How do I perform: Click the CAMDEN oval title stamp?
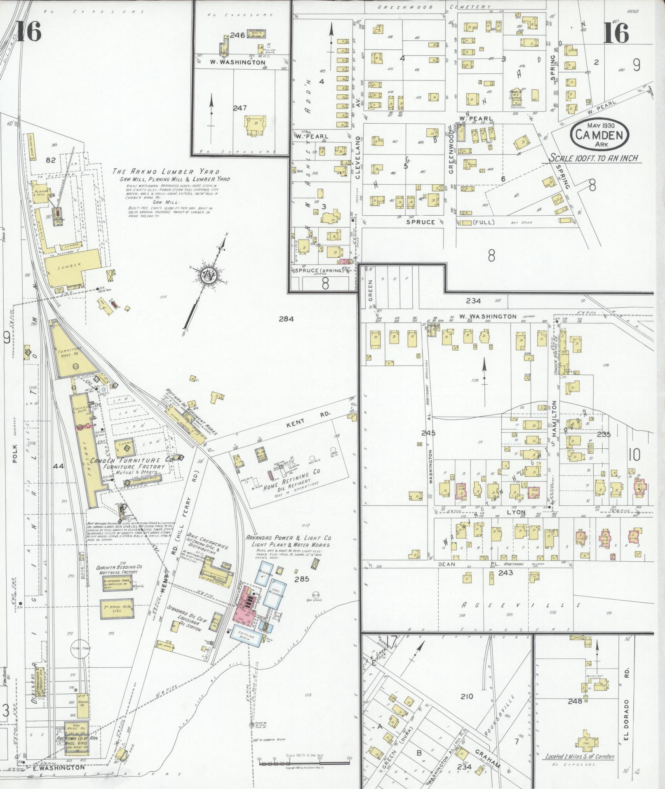click(599, 134)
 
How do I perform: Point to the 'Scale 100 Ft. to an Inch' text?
click(594, 158)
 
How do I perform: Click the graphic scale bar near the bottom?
click(304, 761)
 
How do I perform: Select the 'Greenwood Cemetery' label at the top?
click(435, 7)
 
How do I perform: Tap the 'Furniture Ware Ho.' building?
click(71, 352)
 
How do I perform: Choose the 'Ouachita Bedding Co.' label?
click(117, 569)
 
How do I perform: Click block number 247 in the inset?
click(240, 108)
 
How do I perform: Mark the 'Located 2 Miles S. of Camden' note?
click(579, 757)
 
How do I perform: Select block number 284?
click(286, 318)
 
